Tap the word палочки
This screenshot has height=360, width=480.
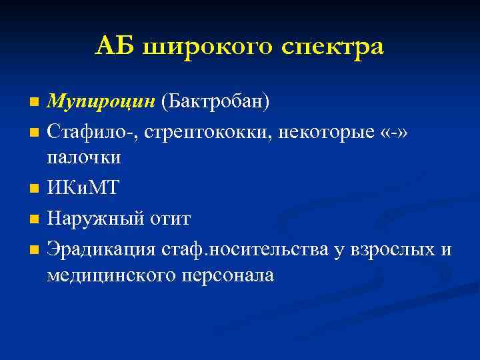(x=84, y=158)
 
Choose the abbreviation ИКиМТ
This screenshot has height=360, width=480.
(x=83, y=189)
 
